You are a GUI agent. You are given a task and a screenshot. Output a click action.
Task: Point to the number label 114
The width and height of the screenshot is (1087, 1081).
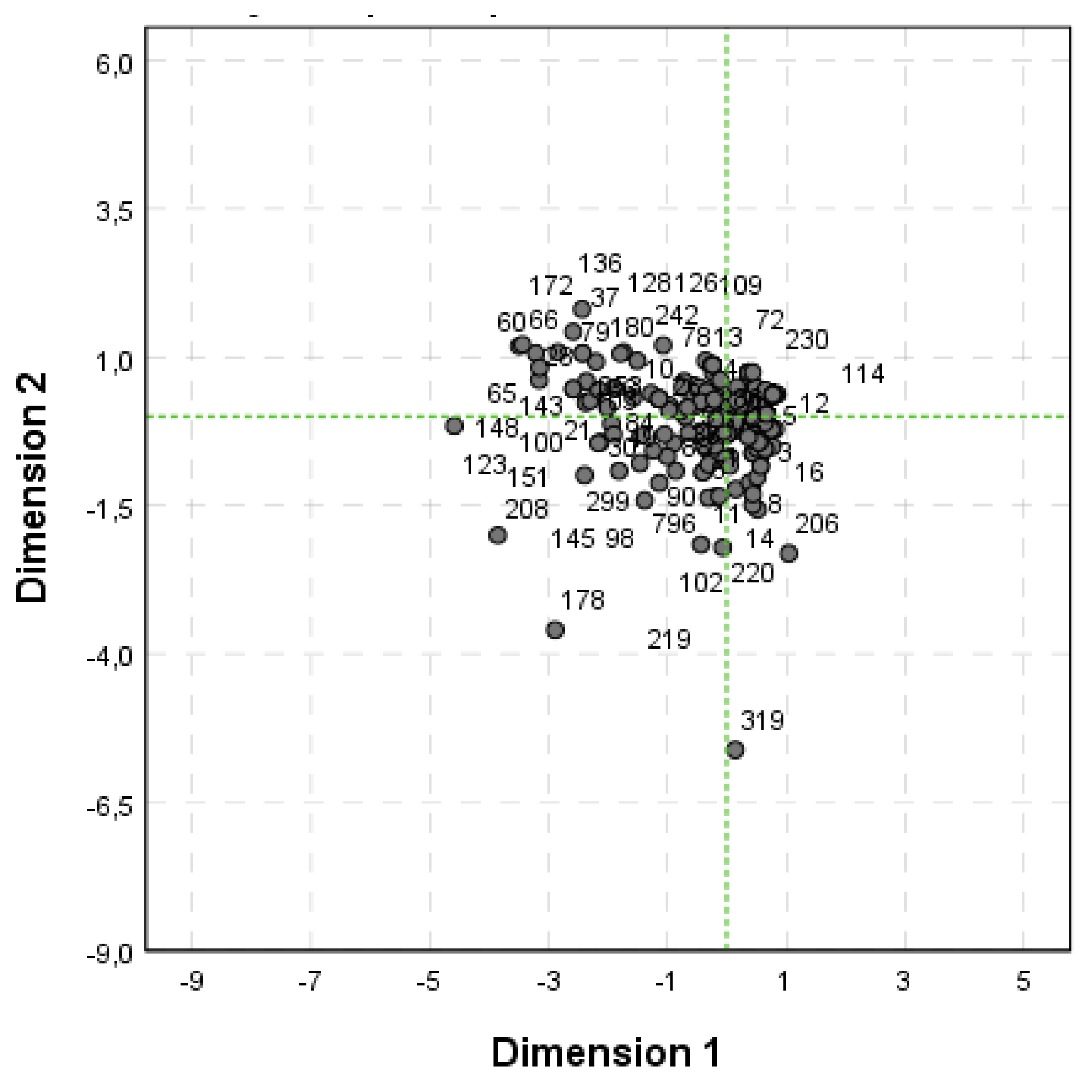click(862, 375)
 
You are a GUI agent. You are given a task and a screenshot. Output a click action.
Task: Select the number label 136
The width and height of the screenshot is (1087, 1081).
click(600, 263)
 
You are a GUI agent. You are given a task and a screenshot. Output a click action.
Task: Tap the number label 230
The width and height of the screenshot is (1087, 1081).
click(806, 340)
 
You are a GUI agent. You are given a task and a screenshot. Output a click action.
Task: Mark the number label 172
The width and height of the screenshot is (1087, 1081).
click(551, 286)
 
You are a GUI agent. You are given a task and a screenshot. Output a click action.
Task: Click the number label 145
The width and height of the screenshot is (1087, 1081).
click(573, 539)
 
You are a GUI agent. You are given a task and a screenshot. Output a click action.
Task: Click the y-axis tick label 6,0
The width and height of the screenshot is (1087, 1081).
click(113, 65)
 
